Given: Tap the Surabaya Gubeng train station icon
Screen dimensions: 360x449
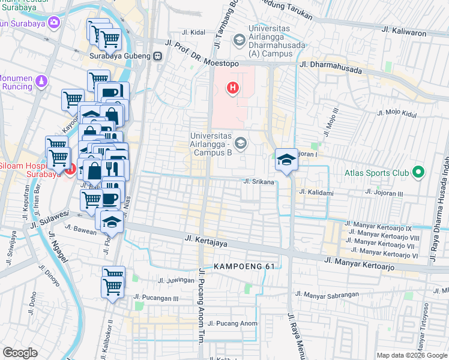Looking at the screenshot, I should click(x=158, y=56).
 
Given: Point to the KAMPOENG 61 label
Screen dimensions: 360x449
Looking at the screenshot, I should click(x=238, y=266).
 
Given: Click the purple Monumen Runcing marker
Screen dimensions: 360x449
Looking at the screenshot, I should click(x=41, y=80).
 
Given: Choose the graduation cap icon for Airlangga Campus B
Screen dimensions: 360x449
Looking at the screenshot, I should click(x=241, y=143).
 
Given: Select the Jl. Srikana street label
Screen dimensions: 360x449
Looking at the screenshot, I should click(x=259, y=181).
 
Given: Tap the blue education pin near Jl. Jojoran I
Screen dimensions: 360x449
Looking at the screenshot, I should click(x=287, y=160).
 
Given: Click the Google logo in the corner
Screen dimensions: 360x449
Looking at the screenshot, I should click(x=20, y=353).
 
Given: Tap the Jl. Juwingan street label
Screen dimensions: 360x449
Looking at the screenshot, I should click(x=176, y=280).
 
